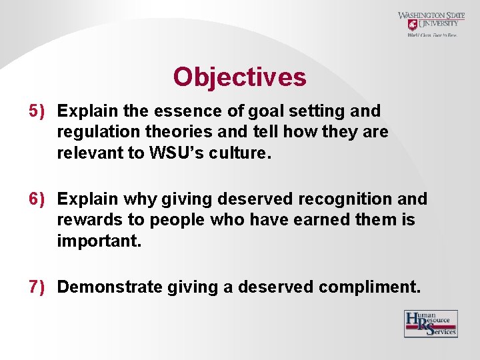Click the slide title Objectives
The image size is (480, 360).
(239, 77)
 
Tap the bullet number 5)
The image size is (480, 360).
(39, 111)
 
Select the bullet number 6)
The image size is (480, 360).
(39, 199)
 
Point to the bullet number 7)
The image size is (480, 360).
(39, 287)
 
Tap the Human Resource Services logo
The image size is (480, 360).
(431, 323)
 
